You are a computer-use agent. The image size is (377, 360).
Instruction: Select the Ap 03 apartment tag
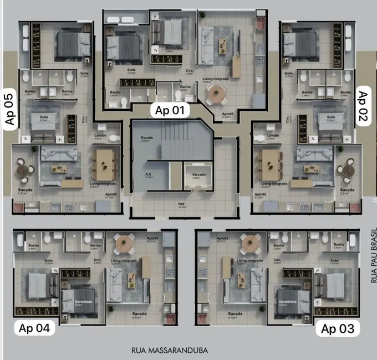(x=337, y=328)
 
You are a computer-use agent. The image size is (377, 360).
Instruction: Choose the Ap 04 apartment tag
(x=34, y=328)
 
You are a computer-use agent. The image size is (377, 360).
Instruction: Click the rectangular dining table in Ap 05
(x=105, y=164)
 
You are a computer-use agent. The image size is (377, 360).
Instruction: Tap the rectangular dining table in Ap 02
(x=269, y=164)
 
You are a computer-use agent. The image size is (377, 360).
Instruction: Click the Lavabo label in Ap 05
(x=100, y=135)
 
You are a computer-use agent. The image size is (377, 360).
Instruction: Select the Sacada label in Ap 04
(x=140, y=314)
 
